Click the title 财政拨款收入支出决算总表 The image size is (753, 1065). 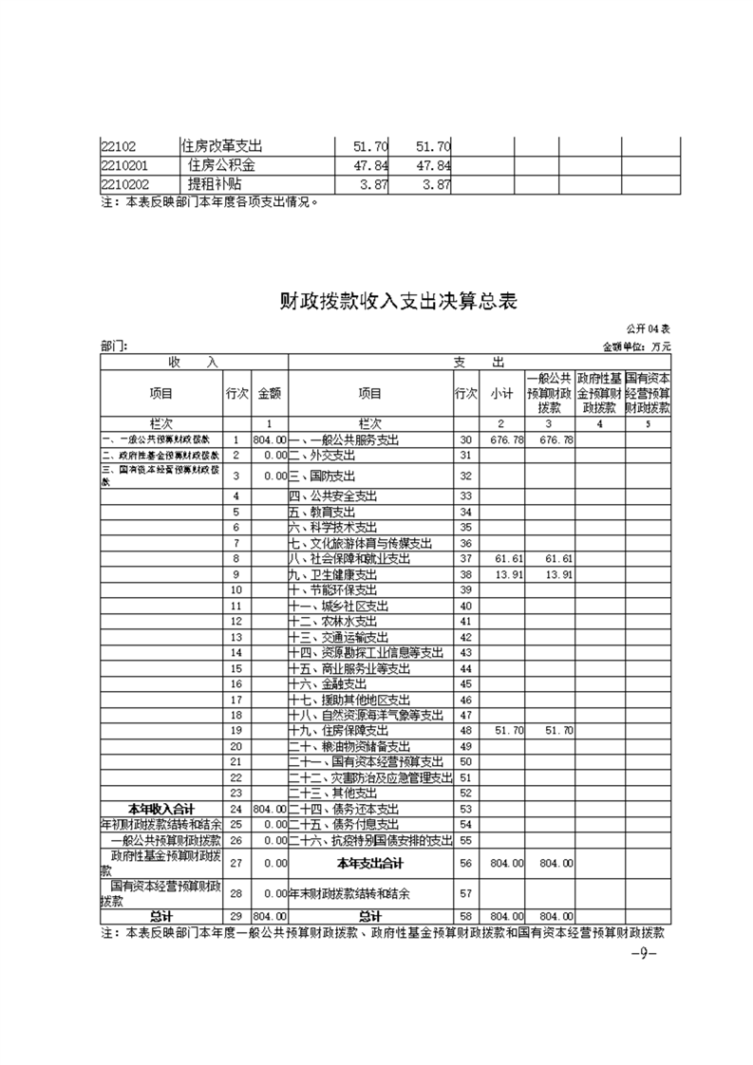coord(397,302)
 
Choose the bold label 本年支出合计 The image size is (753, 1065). coord(369,863)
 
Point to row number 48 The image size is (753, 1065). coord(465,731)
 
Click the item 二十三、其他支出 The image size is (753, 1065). coord(333,793)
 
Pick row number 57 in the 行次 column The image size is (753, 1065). coord(465,894)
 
